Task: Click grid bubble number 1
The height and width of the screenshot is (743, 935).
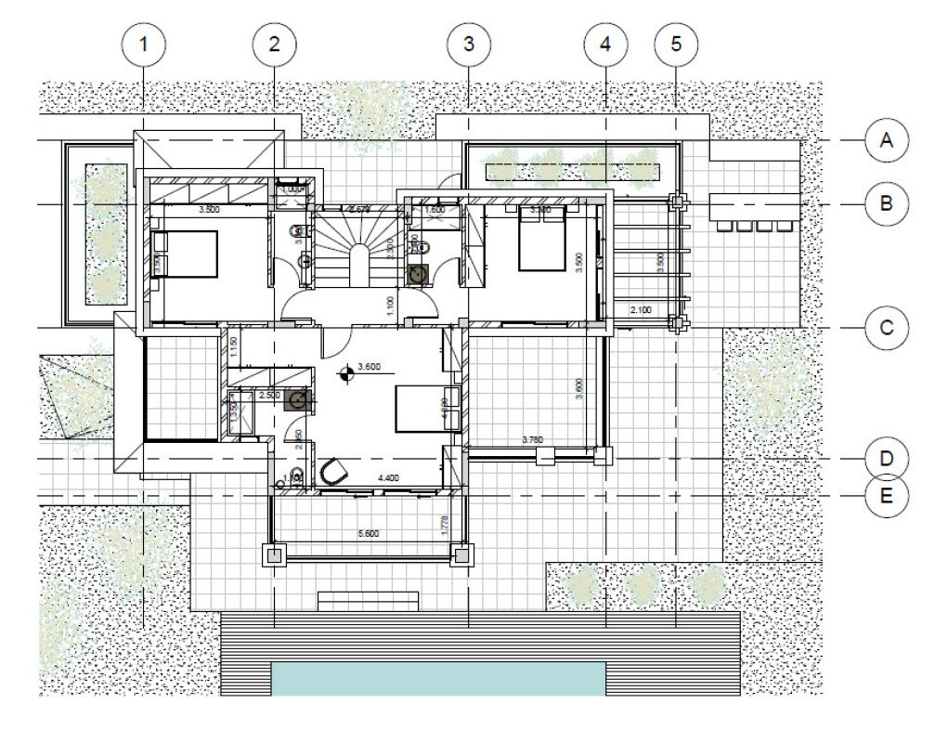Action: [143, 43]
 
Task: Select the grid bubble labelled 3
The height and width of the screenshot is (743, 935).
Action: [468, 43]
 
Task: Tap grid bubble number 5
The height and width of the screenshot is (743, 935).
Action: [675, 43]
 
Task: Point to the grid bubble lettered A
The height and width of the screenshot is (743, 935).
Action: [887, 140]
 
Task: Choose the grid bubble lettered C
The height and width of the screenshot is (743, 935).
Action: [887, 328]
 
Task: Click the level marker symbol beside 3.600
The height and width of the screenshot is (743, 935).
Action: [347, 373]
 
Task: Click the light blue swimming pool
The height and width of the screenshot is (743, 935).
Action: [436, 679]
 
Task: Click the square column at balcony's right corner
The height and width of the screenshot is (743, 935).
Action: [461, 555]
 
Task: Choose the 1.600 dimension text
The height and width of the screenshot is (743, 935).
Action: [435, 211]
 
